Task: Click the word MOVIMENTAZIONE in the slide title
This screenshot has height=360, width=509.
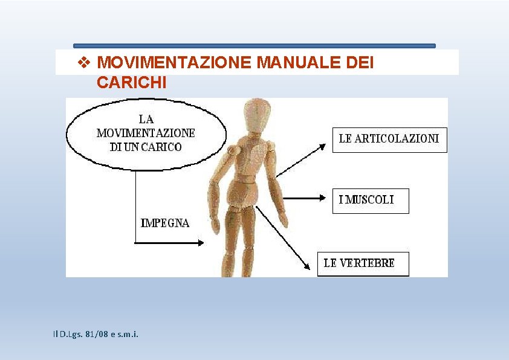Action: pos(174,63)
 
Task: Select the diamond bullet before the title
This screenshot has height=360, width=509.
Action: pos(85,63)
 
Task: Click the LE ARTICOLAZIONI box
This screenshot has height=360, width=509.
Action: pos(389,139)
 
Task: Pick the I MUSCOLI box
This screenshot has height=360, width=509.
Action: pos(370,201)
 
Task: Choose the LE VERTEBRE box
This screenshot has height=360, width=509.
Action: pos(363,263)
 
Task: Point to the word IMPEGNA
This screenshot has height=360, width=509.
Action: pos(165,223)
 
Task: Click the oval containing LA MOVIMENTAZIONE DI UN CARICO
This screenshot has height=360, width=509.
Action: pos(146,133)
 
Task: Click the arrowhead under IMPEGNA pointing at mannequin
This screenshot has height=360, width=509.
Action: pos(200,243)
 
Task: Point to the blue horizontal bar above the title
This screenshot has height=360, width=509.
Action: pos(254,46)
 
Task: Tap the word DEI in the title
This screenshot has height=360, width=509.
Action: pos(362,63)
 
